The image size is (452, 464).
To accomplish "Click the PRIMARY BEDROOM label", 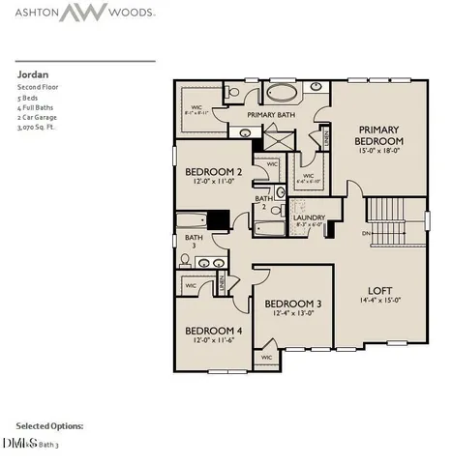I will point(378,134).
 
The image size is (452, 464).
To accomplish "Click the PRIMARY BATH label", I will point(271,115).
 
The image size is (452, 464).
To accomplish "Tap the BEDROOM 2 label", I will point(212,173).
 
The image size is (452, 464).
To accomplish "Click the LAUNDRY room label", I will point(309,217).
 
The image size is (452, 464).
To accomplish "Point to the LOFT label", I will point(378,290).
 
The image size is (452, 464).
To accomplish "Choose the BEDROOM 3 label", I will point(293,304).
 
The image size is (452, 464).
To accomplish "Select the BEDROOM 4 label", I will point(213,331).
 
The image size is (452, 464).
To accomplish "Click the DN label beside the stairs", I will point(365,233).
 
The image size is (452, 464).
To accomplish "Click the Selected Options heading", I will point(49,425).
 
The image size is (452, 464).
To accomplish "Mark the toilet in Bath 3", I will point(184,260).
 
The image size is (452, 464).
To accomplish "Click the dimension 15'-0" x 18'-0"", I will point(378,150).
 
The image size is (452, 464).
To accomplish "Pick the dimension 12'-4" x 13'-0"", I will point(293,314).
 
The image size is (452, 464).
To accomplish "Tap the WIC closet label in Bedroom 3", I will point(268,357).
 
